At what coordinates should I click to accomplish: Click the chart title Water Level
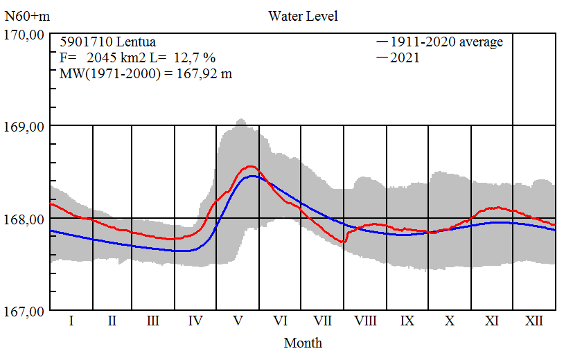(303, 15)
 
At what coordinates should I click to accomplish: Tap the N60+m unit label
(26, 15)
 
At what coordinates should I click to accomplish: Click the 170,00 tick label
(25, 34)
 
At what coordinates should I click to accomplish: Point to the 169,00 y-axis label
(25, 126)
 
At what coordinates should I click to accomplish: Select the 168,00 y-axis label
(25, 219)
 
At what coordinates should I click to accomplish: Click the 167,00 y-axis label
(25, 311)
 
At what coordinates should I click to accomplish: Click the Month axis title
(303, 343)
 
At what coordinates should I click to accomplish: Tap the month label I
(71, 321)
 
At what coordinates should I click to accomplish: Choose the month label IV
(195, 321)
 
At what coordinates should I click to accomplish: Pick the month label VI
(281, 321)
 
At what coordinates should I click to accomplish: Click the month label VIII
(365, 321)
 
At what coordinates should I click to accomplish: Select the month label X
(450, 321)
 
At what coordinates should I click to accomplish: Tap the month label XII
(534, 321)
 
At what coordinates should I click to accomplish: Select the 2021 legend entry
(405, 58)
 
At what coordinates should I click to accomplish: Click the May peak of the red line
(250, 166)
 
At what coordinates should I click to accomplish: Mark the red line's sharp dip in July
(344, 242)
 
